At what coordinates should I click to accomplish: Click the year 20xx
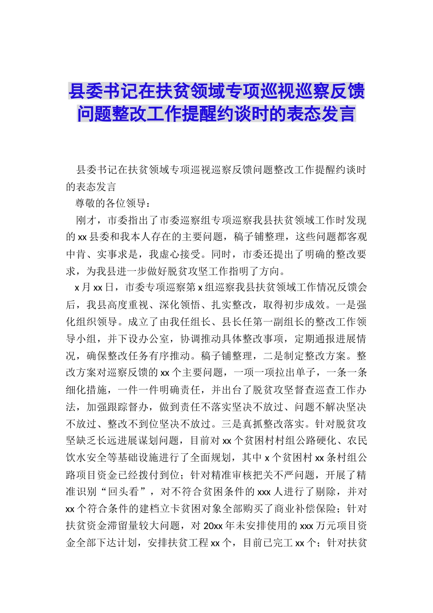(x=212, y=526)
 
